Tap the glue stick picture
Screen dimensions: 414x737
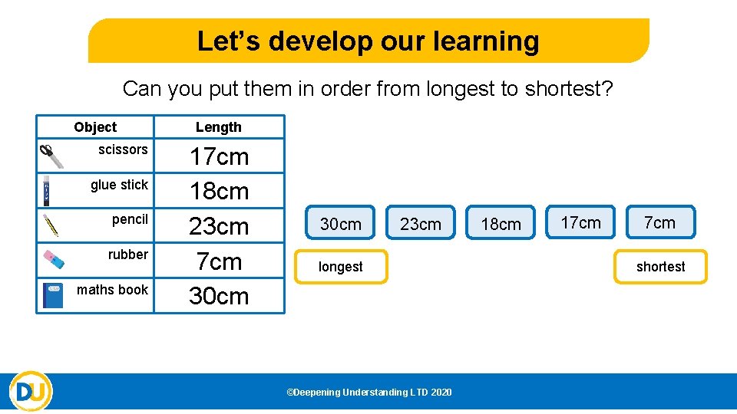click(x=47, y=190)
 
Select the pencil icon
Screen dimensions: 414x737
click(x=51, y=225)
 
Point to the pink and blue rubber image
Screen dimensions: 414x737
click(x=53, y=259)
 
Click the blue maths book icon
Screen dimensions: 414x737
click(x=53, y=295)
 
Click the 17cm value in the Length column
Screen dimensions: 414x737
click(x=219, y=156)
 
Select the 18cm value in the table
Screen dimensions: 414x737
click(x=219, y=191)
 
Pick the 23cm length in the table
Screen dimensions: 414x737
click(x=219, y=226)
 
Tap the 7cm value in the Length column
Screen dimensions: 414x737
click(x=219, y=261)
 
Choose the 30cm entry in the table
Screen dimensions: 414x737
click(x=219, y=296)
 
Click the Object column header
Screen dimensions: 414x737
click(x=95, y=127)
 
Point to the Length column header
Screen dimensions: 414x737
click(x=219, y=127)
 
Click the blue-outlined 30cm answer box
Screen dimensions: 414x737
click(x=340, y=224)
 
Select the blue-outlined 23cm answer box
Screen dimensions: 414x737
click(x=421, y=224)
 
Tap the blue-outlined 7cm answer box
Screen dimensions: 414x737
click(x=660, y=222)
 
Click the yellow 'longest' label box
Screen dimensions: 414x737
click(x=341, y=267)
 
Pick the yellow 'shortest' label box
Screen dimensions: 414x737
click(x=660, y=267)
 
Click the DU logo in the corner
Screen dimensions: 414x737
click(x=31, y=392)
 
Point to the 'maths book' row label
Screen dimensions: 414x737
click(x=112, y=289)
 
